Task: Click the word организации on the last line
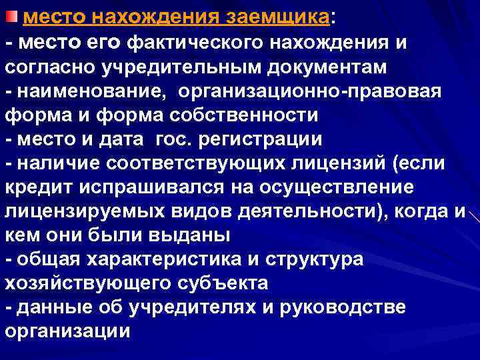(67, 331)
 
